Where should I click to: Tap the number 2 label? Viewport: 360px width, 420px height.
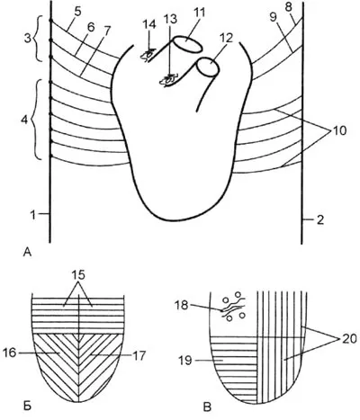(320, 220)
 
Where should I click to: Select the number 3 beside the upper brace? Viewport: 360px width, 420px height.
(28, 39)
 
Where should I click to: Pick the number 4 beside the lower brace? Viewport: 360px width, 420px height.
(24, 120)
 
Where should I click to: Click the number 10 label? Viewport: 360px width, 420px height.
(339, 130)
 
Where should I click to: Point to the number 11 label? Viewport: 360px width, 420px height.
(199, 13)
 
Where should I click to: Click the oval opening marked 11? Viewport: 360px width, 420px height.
(188, 44)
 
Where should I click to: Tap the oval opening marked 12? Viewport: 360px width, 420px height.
(209, 67)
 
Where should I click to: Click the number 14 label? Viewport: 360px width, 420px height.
(149, 24)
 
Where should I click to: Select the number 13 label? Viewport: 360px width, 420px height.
(171, 19)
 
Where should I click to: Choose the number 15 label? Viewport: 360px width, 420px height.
(78, 275)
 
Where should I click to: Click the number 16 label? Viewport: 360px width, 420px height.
(11, 353)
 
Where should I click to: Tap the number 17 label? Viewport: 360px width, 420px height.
(139, 356)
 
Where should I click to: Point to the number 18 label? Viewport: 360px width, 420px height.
(182, 305)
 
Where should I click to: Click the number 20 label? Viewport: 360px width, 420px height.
(348, 339)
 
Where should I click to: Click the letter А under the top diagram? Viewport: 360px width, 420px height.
(27, 253)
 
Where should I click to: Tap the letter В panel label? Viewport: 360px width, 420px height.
(208, 407)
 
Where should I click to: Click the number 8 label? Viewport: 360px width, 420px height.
(288, 8)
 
